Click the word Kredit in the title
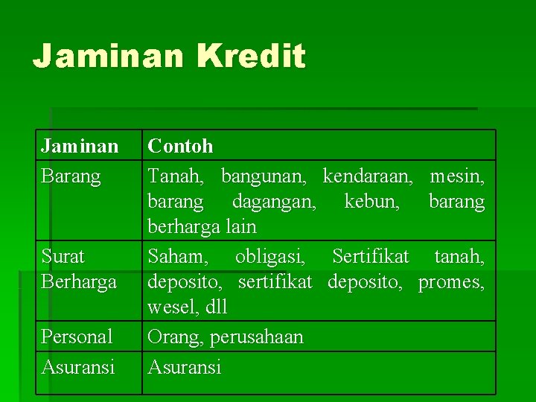click(252, 55)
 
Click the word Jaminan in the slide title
click(108, 55)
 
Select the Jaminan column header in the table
click(80, 146)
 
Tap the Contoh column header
click(180, 146)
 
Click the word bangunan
click(264, 177)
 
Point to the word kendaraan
click(368, 176)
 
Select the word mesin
click(457, 176)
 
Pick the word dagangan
click(274, 202)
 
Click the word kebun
click(372, 201)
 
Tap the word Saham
click(178, 256)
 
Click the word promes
click(451, 283)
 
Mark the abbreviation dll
click(217, 306)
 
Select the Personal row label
click(77, 336)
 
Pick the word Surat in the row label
click(63, 256)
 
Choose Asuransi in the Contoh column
click(185, 368)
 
